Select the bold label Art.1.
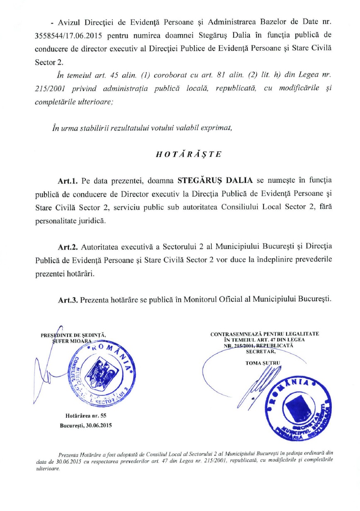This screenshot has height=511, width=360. [x=68, y=181]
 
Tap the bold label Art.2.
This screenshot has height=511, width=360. [x=68, y=247]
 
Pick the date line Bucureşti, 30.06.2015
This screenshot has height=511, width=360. [x=86, y=425]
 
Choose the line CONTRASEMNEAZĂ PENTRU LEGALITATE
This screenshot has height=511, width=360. [x=265, y=334]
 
